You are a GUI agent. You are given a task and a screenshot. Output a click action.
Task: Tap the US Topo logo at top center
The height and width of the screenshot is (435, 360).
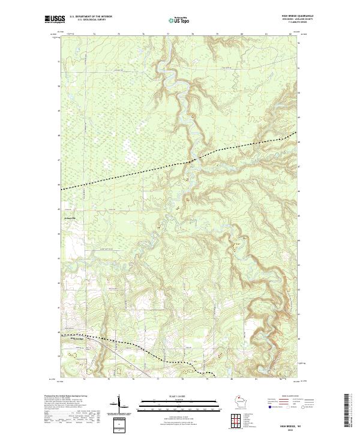(x=179, y=20)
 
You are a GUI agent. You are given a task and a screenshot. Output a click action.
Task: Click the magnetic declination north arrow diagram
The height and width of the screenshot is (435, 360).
(x=119, y=404)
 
